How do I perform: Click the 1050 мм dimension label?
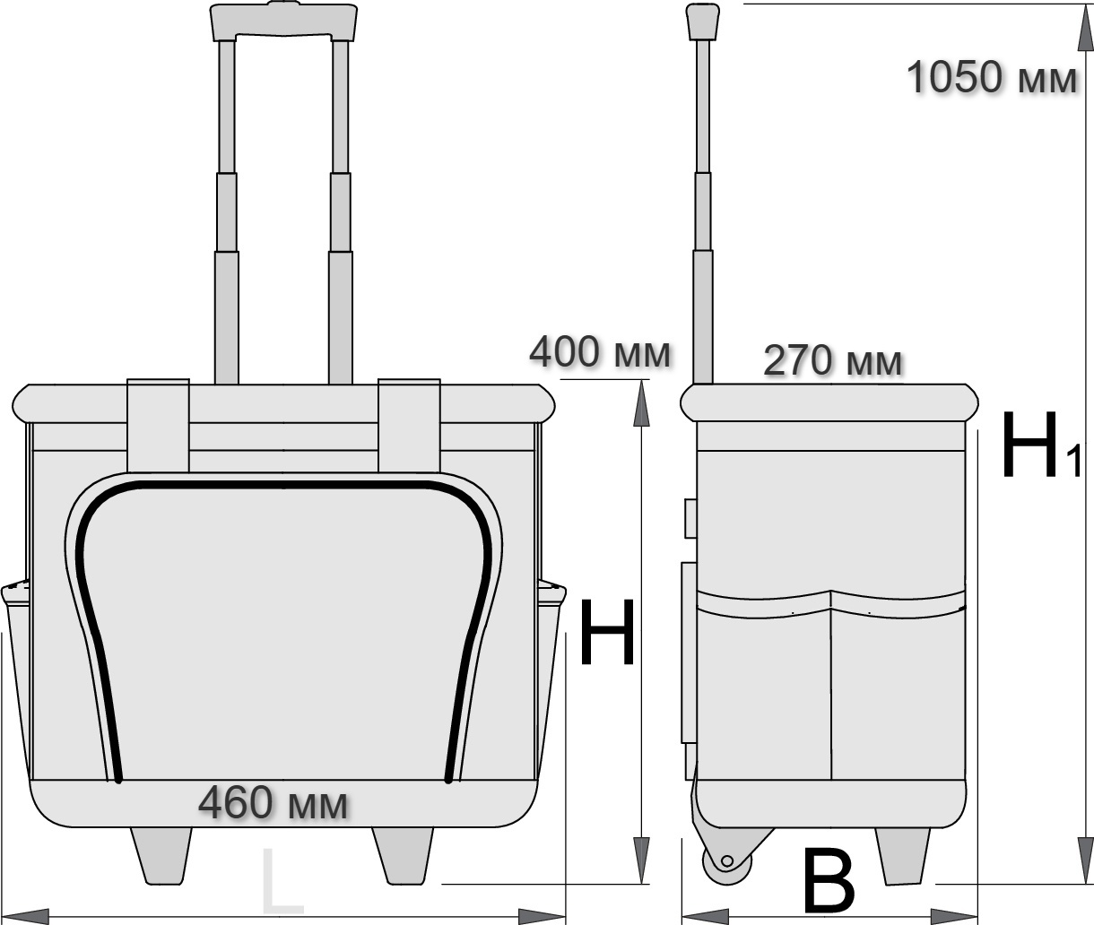coord(991,77)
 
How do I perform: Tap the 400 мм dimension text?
coord(600,352)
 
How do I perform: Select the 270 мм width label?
coord(833,361)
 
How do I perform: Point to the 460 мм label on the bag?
coord(273,803)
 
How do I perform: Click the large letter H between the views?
coord(607,632)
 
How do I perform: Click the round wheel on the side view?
coord(727,862)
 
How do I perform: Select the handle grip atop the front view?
coord(283,22)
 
